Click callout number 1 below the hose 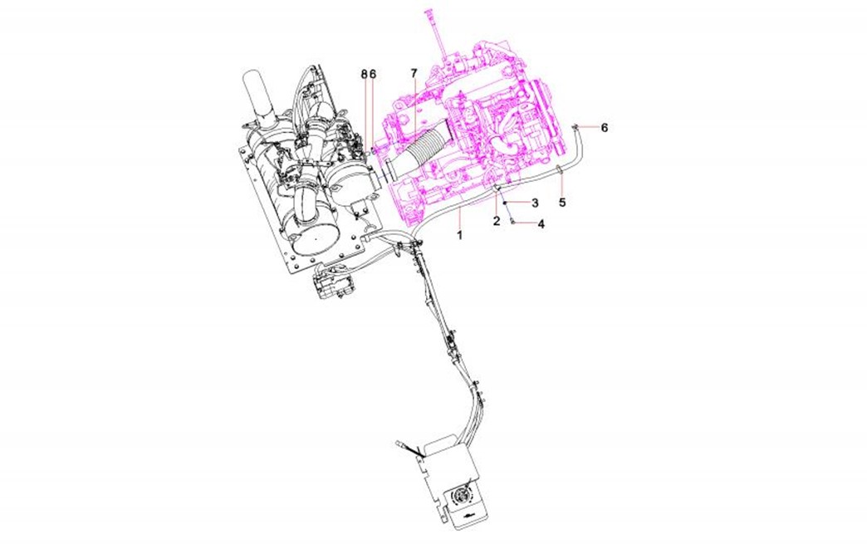click(459, 236)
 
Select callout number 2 click(497, 221)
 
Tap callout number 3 click(535, 203)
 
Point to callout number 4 click(541, 224)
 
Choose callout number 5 click(562, 203)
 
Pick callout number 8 click(364, 74)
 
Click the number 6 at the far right click(605, 128)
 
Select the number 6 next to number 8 click(373, 74)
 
